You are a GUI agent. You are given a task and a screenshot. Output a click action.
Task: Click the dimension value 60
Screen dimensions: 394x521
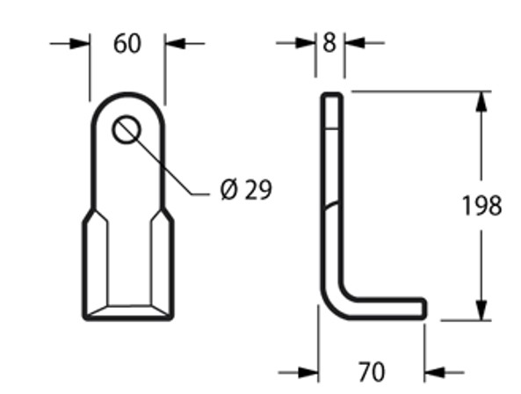(x=127, y=43)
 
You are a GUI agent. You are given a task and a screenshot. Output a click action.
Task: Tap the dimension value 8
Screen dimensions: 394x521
(x=329, y=42)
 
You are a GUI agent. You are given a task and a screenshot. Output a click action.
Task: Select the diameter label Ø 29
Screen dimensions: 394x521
(x=245, y=190)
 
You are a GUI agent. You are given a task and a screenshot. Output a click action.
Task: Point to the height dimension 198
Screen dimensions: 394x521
(x=481, y=206)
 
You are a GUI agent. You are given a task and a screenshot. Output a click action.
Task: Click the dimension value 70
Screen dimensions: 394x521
(x=372, y=371)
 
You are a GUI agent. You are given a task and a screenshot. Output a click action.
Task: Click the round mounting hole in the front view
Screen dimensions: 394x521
(x=127, y=130)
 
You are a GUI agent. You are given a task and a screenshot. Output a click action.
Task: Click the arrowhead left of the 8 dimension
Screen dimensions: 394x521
(x=308, y=42)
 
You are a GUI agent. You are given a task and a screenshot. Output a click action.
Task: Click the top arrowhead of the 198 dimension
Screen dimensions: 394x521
(x=481, y=100)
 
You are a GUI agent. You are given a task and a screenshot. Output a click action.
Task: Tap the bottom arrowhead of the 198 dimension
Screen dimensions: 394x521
(x=481, y=310)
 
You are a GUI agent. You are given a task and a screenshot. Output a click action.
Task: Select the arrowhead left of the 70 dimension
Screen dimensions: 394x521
(x=308, y=371)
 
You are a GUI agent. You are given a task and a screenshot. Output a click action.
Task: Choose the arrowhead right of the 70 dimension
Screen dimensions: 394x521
(x=434, y=371)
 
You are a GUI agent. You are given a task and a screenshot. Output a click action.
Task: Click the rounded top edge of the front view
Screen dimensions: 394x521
(x=127, y=95)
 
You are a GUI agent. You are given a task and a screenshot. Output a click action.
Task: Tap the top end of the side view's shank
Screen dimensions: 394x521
(x=330, y=94)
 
